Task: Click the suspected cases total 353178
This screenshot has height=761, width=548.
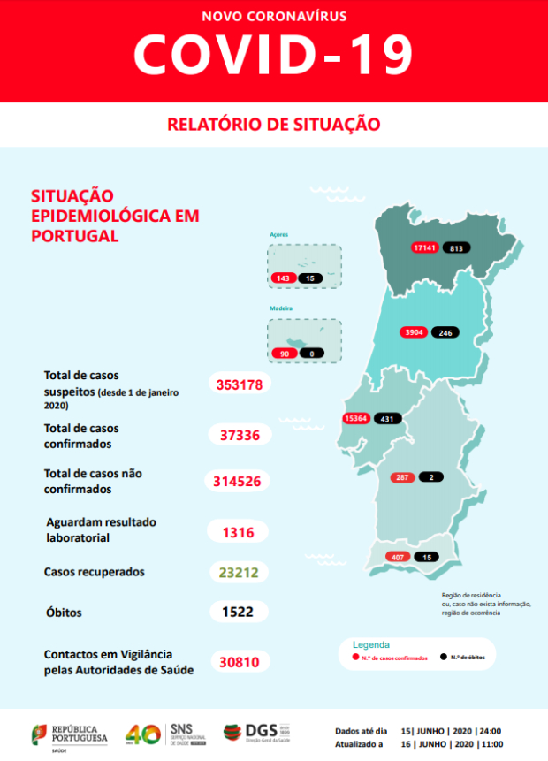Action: click(239, 384)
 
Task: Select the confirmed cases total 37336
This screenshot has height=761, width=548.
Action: click(239, 434)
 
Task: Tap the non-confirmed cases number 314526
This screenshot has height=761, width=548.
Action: click(239, 481)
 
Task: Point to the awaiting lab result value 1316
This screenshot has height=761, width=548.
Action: click(239, 531)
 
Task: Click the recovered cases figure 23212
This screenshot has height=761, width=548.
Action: click(239, 572)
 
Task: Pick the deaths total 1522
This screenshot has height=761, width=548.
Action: click(239, 612)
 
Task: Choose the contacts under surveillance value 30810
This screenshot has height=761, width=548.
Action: click(239, 660)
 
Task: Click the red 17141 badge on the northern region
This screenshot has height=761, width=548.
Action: click(425, 247)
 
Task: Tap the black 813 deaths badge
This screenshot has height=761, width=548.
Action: click(456, 247)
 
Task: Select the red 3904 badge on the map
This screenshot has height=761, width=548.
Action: click(414, 332)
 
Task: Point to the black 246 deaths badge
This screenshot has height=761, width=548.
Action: click(445, 332)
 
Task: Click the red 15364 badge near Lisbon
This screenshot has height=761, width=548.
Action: click(355, 418)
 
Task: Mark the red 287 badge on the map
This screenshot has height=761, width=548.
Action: click(402, 477)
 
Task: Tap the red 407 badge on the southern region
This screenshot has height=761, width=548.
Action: click(397, 557)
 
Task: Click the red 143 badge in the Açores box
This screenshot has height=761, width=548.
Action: click(283, 278)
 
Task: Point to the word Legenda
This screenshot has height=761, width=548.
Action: click(371, 644)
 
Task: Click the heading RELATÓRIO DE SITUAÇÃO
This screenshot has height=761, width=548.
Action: click(274, 124)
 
